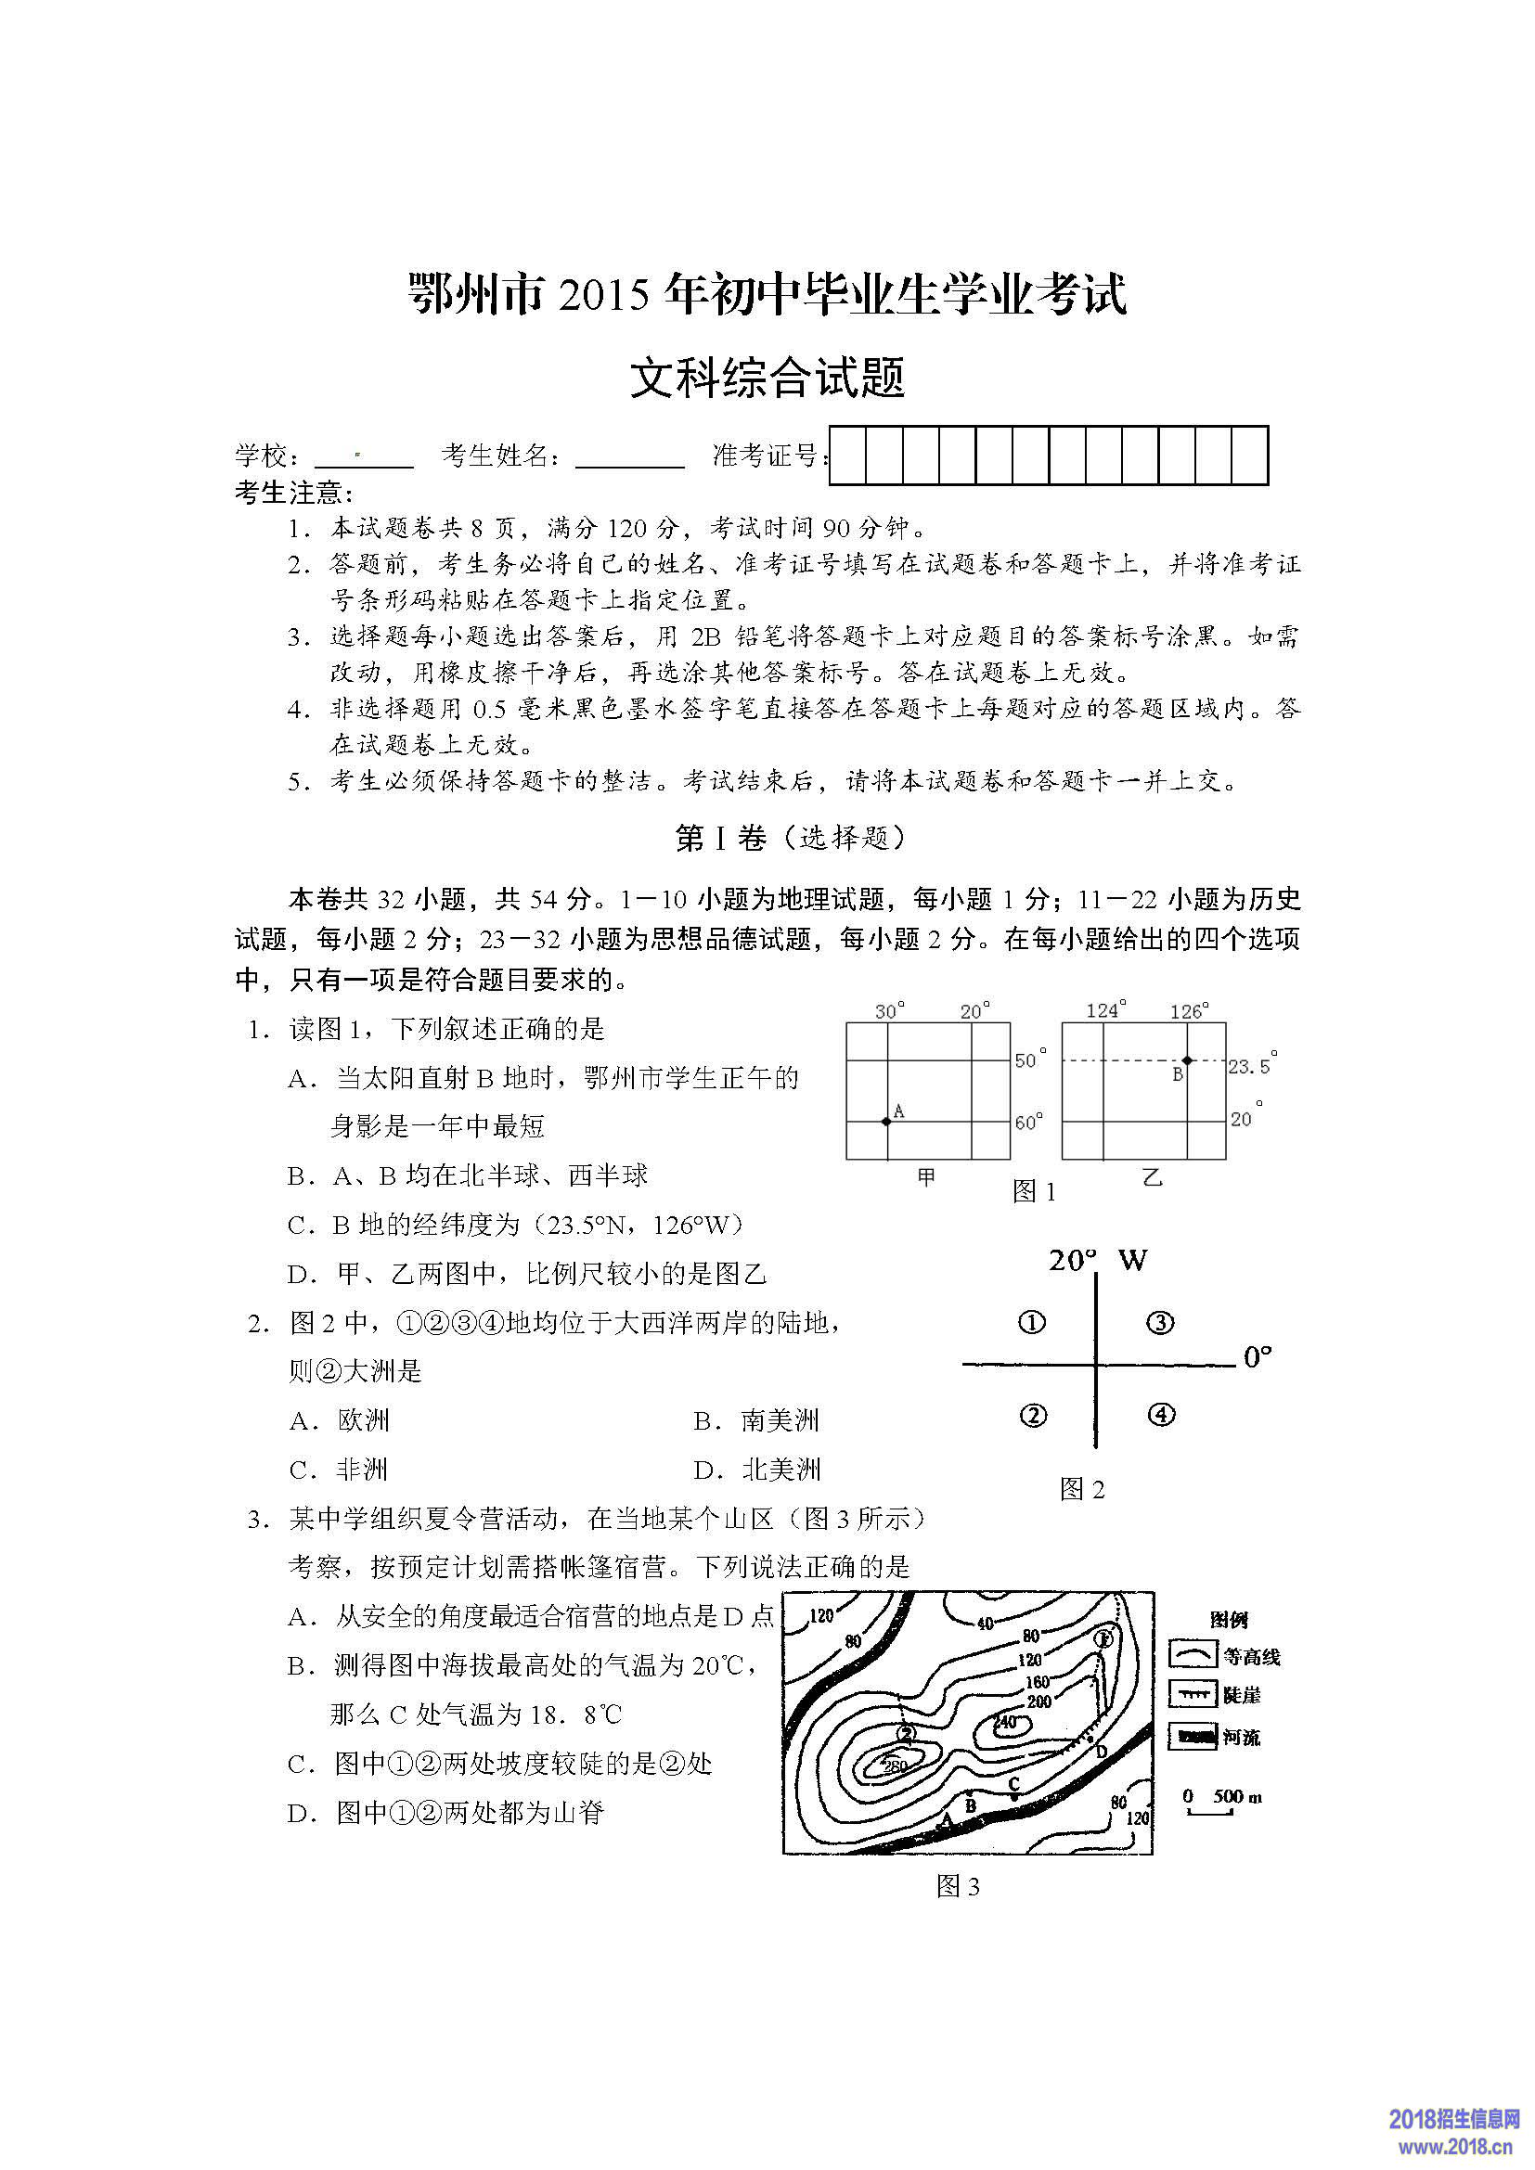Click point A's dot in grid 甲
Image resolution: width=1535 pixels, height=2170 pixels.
pyautogui.click(x=885, y=1121)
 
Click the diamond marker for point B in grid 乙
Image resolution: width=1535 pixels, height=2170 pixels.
pyautogui.click(x=1187, y=1060)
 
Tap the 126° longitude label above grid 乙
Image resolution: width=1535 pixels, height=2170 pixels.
pyautogui.click(x=1189, y=1011)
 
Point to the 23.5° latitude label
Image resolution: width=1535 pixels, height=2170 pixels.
pyautogui.click(x=1250, y=1066)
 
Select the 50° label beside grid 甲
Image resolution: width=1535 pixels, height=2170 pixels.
pyautogui.click(x=1030, y=1060)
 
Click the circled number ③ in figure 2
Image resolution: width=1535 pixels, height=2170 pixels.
pyautogui.click(x=1160, y=1322)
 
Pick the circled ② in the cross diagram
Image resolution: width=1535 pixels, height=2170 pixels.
pyautogui.click(x=1034, y=1415)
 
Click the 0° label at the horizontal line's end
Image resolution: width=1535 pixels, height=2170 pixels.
pyautogui.click(x=1258, y=1358)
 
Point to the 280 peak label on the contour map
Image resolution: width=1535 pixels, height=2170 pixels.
pyautogui.click(x=893, y=1765)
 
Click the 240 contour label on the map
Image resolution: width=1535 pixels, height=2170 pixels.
pyautogui.click(x=1005, y=1722)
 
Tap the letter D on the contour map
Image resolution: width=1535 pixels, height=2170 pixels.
pyautogui.click(x=1102, y=1753)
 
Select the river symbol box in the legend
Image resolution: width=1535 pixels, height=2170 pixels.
pyautogui.click(x=1193, y=1736)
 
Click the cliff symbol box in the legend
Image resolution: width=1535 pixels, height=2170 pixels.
pyautogui.click(x=1193, y=1695)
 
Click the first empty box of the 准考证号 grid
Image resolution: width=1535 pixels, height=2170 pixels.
pyautogui.click(x=848, y=456)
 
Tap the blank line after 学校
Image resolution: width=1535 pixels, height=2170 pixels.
pyautogui.click(x=364, y=457)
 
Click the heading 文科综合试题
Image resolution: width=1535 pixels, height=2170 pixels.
pyautogui.click(x=767, y=377)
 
